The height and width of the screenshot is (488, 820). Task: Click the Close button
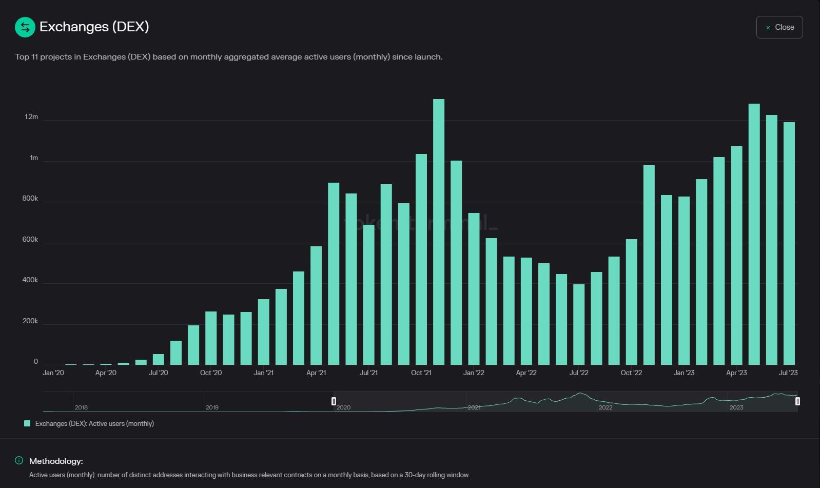click(x=779, y=27)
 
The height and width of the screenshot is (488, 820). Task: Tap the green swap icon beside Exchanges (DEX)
click(x=25, y=27)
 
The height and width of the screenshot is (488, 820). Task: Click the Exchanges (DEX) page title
click(x=94, y=27)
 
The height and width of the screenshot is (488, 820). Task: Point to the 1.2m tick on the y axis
click(x=31, y=117)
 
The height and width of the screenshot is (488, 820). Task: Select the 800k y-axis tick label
click(x=30, y=199)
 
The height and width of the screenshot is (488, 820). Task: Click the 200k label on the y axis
click(x=30, y=321)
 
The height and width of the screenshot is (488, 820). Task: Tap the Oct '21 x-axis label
click(x=421, y=373)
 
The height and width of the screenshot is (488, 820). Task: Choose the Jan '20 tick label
click(x=53, y=373)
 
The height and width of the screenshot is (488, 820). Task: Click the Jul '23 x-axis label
click(x=788, y=373)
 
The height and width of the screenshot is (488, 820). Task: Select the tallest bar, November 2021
click(x=439, y=231)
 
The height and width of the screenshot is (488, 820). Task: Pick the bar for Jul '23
click(x=789, y=244)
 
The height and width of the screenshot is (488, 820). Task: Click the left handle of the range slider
click(x=334, y=401)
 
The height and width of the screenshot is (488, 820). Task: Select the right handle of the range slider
click(x=797, y=401)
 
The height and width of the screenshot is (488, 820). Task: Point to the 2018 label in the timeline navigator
click(x=81, y=407)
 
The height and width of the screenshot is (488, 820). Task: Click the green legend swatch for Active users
click(x=27, y=423)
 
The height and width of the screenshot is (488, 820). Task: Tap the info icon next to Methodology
click(x=19, y=460)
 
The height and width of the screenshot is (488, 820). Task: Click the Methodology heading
click(x=56, y=461)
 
